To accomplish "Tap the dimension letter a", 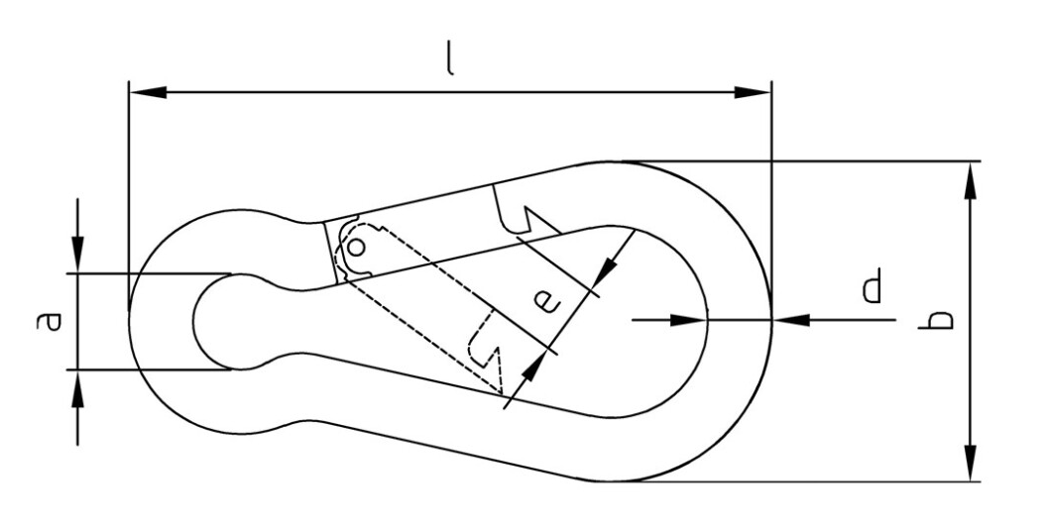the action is [49, 321].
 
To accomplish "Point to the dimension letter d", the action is [871, 285].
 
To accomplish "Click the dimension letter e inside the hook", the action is [546, 301].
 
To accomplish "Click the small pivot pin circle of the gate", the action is [357, 248].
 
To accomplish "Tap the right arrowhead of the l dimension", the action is [753, 92].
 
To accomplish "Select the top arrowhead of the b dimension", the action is [969, 180].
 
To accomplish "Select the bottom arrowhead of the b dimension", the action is [969, 463].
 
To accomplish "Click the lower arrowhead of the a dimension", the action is [77, 388].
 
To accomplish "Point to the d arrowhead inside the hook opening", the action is [688, 320].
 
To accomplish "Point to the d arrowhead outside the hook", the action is [791, 320].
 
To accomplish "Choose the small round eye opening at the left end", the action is [221, 321].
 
